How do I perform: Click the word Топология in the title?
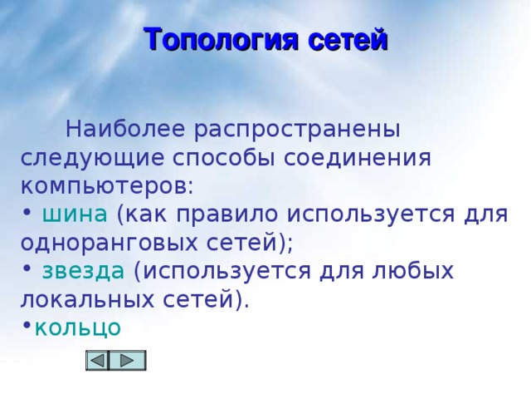point(218,39)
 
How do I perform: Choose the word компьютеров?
point(105,185)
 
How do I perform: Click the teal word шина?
point(74,214)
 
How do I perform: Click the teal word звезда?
point(83,271)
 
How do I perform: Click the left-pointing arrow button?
point(98,360)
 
